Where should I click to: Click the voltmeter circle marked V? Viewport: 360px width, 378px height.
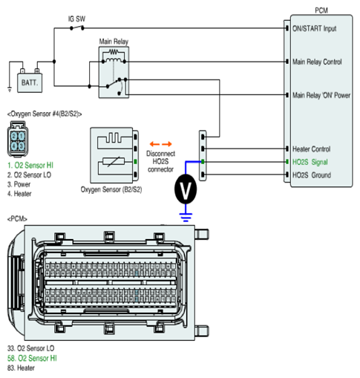point(186,189)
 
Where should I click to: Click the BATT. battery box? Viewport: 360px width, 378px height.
point(30,82)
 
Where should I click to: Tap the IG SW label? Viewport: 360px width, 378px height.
point(76,19)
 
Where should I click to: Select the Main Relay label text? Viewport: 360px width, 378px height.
point(114,42)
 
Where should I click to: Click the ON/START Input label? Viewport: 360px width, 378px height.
point(314,28)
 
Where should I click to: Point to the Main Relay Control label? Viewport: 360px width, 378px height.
point(317,62)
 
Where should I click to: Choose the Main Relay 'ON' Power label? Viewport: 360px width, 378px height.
point(321,95)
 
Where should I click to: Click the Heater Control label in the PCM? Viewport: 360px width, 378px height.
point(311,149)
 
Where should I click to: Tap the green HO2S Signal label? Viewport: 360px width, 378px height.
point(310,162)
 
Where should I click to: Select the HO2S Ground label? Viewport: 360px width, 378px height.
point(312,175)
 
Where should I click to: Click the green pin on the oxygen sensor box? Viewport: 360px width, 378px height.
point(135,162)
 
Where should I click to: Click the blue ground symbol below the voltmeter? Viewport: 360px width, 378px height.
point(186,217)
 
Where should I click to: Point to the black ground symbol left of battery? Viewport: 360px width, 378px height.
point(10,89)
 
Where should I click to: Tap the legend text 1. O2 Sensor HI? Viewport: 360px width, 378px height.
point(30,166)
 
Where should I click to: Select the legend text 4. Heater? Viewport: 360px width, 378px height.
point(19,194)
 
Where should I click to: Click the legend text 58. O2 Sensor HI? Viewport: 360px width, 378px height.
point(32,358)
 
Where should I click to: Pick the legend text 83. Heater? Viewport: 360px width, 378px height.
point(21,368)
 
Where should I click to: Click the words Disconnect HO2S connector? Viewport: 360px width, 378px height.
point(160,161)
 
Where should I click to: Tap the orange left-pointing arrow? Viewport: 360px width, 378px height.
point(154,144)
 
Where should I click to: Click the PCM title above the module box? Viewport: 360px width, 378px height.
point(321,10)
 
